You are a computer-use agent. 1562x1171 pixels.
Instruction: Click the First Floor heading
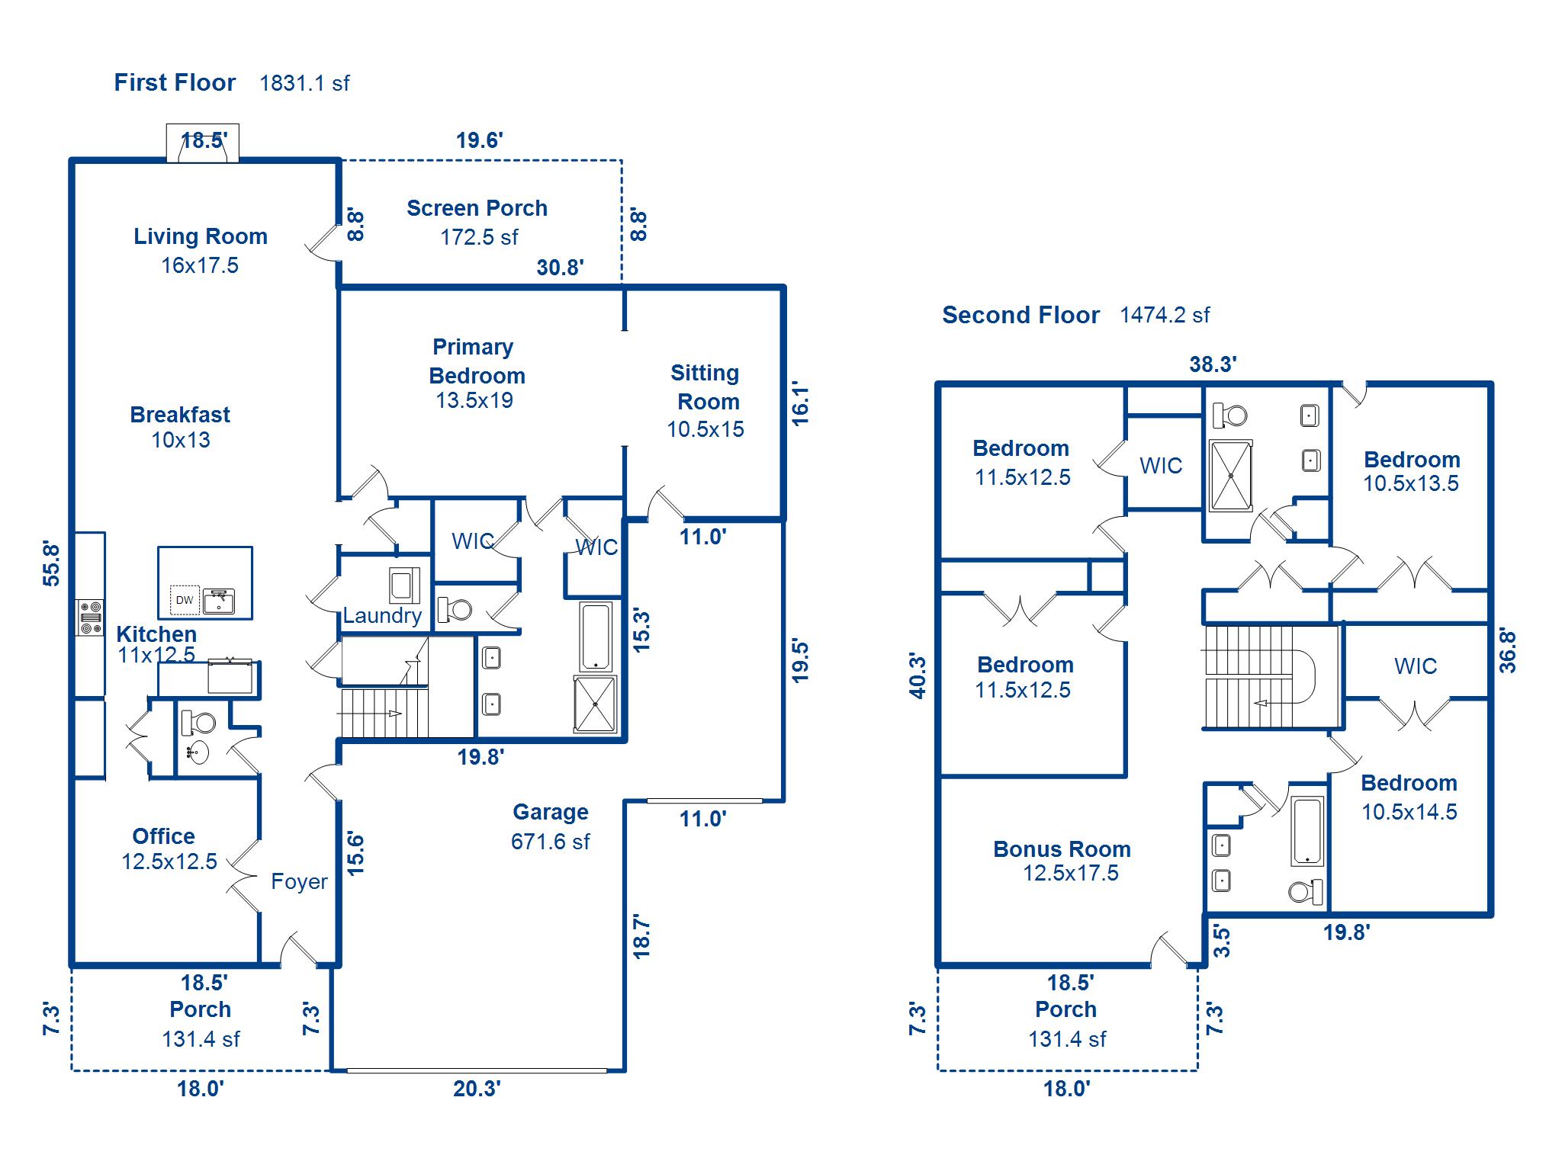pos(175,82)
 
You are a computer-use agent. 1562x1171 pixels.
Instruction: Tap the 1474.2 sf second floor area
pos(1164,315)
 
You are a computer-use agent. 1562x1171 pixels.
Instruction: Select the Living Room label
pos(201,236)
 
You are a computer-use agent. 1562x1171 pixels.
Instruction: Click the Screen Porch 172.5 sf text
pos(478,237)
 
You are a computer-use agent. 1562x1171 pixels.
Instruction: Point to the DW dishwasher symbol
pos(185,600)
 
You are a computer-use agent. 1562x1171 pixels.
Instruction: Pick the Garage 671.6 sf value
pos(550,842)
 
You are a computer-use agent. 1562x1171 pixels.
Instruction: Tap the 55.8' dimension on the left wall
pos(51,563)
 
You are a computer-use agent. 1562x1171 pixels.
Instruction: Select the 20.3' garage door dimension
pos(477,1089)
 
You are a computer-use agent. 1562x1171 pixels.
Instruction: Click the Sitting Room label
pos(705,387)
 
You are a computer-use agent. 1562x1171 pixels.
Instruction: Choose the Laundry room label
pos(381,615)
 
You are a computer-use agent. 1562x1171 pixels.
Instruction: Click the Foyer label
pos(299,882)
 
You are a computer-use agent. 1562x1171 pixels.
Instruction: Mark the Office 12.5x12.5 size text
pos(169,861)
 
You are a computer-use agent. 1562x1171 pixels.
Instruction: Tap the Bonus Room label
pos(1062,849)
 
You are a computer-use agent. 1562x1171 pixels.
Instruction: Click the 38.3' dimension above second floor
pos(1213,364)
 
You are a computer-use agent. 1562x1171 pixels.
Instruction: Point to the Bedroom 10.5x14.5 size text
pos(1409,812)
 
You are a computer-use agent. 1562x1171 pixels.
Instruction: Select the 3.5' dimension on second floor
pos(1222,941)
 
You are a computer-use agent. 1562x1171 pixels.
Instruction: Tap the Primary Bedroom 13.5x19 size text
pos(474,400)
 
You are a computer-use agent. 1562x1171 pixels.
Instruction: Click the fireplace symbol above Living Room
pos(203,144)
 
